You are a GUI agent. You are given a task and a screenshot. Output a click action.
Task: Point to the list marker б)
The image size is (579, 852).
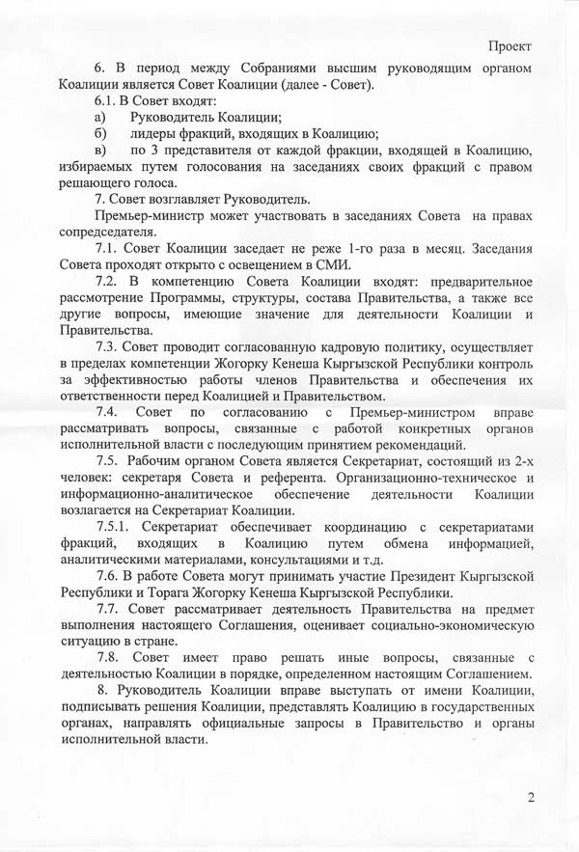point(98,133)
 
